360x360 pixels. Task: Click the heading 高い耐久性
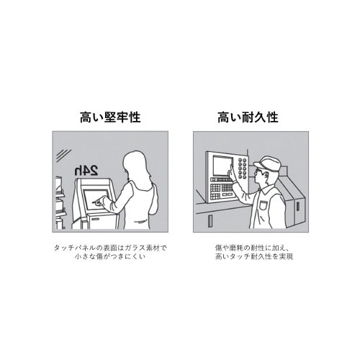pyautogui.click(x=248, y=117)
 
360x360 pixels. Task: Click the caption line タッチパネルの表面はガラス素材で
pyautogui.click(x=109, y=248)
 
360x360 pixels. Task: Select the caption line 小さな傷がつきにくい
pyautogui.click(x=109, y=257)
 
